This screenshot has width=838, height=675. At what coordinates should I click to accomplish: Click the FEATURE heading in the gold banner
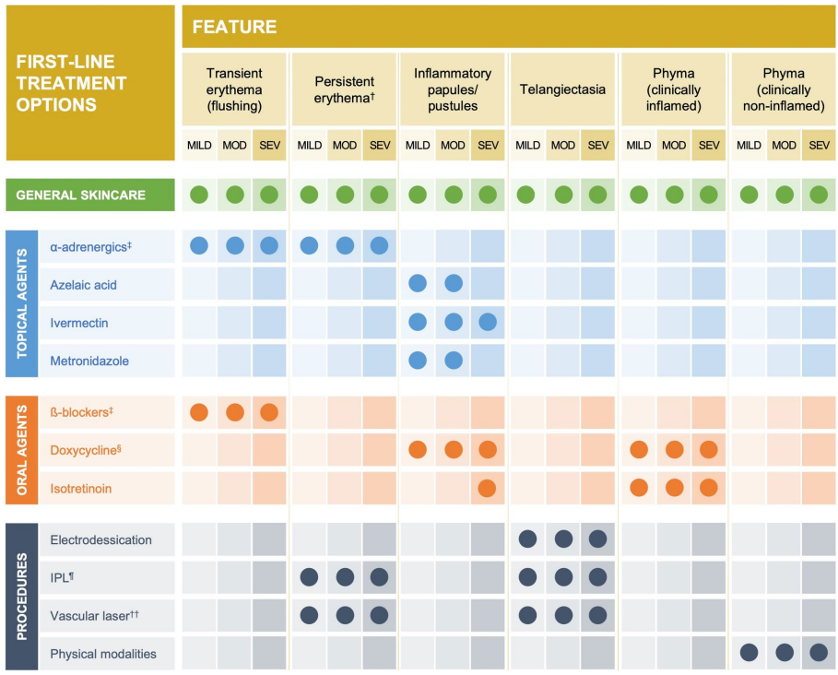(x=234, y=27)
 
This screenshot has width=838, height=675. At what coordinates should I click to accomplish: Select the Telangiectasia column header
(x=562, y=90)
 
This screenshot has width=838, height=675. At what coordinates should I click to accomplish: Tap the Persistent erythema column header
(x=343, y=90)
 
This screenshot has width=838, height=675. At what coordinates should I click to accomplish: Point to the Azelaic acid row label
(x=84, y=285)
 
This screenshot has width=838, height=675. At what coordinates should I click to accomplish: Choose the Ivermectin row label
(x=79, y=323)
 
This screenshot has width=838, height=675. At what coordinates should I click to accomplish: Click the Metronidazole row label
(x=89, y=361)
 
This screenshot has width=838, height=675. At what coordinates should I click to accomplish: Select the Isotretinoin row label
(x=81, y=488)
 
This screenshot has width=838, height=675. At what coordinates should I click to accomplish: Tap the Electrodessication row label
(x=100, y=539)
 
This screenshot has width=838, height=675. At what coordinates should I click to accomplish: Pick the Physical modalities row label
(x=103, y=654)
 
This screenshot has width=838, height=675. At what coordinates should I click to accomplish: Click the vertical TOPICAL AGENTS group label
(x=21, y=303)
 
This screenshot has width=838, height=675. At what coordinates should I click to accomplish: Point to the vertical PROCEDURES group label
(x=21, y=597)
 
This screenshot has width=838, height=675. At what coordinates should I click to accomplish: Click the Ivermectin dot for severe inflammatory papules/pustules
(x=488, y=322)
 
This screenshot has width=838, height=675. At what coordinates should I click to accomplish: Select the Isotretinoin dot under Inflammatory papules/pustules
(x=488, y=488)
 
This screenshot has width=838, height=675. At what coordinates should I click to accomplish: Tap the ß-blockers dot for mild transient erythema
(x=199, y=412)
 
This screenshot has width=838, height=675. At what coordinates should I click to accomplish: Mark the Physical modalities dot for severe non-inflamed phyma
(x=819, y=653)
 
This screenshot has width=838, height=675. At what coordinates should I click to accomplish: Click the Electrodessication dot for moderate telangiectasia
(x=562, y=539)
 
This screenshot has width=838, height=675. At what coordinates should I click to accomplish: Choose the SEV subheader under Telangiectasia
(x=598, y=146)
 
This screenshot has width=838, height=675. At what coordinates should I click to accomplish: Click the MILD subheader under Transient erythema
(x=199, y=146)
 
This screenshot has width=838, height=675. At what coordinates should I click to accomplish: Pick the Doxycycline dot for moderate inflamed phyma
(x=674, y=450)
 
